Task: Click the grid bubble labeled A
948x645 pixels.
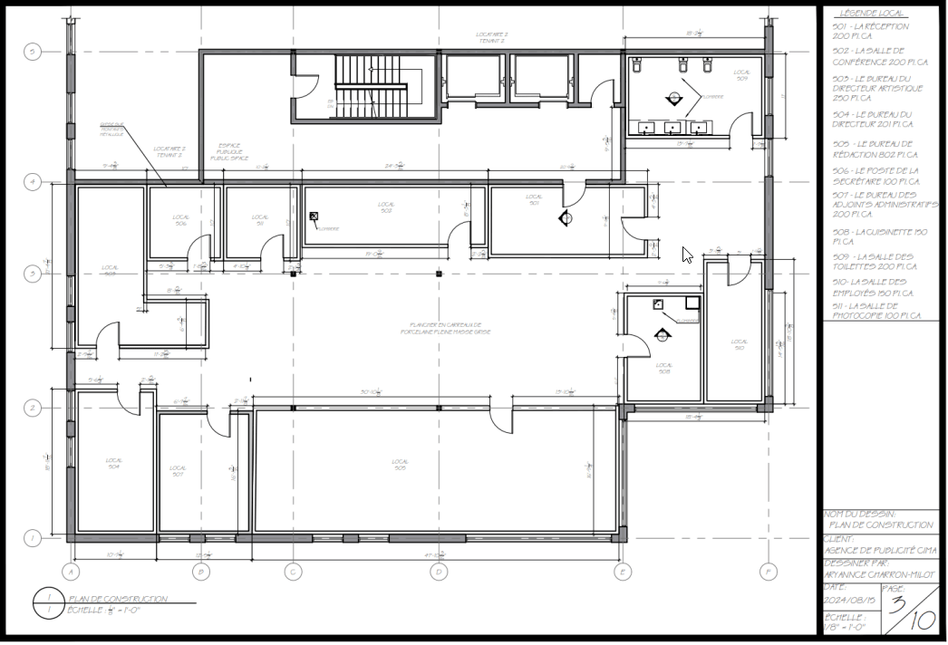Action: click(x=71, y=572)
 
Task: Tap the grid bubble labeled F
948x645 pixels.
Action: click(x=769, y=572)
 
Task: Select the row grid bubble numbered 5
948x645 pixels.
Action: click(x=32, y=52)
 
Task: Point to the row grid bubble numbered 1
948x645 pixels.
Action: click(x=32, y=538)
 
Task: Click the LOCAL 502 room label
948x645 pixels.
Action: click(x=386, y=207)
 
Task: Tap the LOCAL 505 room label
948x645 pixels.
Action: click(x=400, y=465)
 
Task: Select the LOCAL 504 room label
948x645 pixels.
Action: click(x=114, y=464)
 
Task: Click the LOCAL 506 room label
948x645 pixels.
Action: click(x=181, y=220)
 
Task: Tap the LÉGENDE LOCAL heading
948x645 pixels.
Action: click(x=872, y=14)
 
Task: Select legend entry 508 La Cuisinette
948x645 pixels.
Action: click(x=876, y=237)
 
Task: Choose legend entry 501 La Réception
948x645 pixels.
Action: click(x=870, y=31)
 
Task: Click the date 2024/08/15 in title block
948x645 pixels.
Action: click(x=849, y=600)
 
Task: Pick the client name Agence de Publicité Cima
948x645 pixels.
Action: click(x=879, y=551)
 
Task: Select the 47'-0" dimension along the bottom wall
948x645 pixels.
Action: click(x=436, y=554)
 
